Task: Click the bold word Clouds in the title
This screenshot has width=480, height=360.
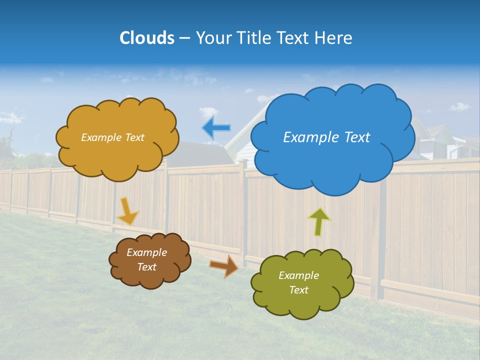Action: (146, 38)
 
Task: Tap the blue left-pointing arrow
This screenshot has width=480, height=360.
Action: (216, 128)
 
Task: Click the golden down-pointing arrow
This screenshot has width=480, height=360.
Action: (127, 211)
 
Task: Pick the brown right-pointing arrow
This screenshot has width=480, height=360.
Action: (223, 266)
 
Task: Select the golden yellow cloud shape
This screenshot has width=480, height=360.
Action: (117, 155)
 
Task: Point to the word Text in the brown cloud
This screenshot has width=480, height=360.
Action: (147, 267)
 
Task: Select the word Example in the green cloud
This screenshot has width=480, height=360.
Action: (298, 275)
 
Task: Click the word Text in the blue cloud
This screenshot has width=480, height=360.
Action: (356, 137)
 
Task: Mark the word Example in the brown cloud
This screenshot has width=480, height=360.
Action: (147, 252)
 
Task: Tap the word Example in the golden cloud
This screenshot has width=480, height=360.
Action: (100, 137)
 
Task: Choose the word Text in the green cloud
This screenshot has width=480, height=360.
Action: (298, 290)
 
